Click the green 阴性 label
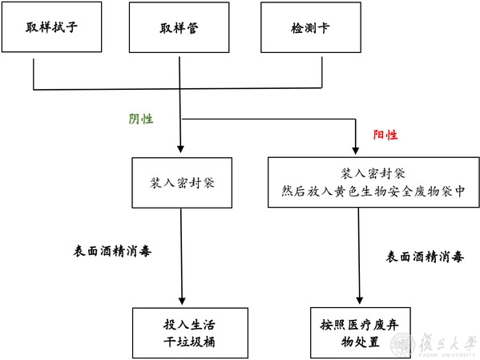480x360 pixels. [x=141, y=119]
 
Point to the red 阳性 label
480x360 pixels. [x=385, y=135]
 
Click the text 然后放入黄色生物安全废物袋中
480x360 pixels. [x=373, y=192]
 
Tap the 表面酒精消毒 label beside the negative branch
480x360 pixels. [x=112, y=251]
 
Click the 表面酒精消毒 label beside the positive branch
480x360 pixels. [x=425, y=257]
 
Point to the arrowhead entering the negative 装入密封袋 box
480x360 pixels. [x=180, y=149]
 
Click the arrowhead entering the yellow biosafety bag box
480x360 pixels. [x=356, y=151]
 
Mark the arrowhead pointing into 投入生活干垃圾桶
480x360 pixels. [x=182, y=301]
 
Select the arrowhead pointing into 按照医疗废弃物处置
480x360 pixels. [x=360, y=301]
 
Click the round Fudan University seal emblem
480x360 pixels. [x=403, y=346]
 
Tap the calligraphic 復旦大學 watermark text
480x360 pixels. [x=448, y=342]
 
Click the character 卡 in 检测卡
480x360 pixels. [x=324, y=28]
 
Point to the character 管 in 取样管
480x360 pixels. [x=192, y=28]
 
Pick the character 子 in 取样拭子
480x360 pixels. [x=71, y=27]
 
